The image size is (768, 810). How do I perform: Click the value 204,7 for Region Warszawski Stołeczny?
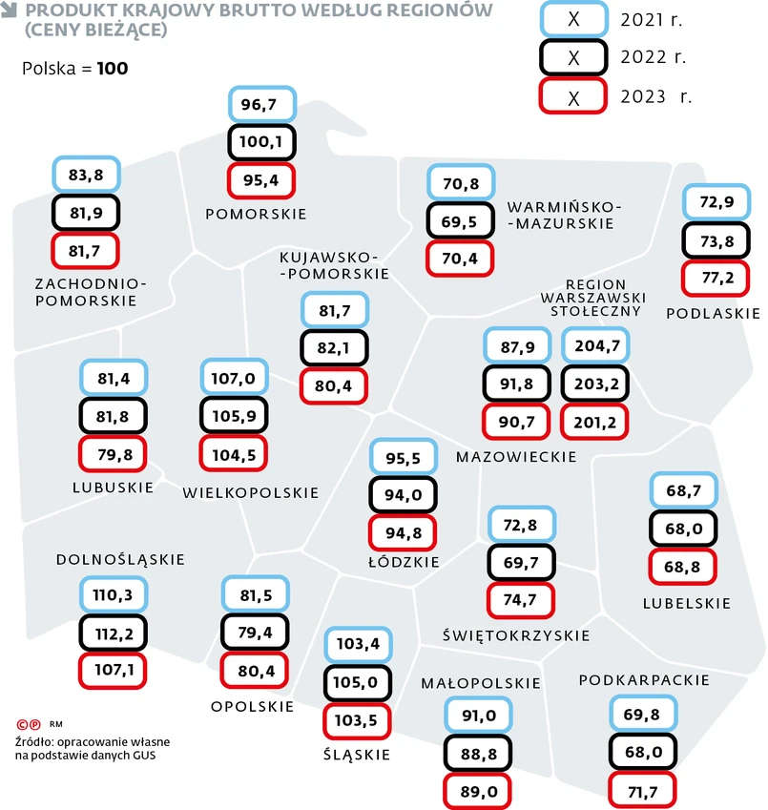click(x=596, y=346)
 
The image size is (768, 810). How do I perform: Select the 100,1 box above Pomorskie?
click(x=262, y=142)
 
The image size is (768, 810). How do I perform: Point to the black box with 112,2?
click(x=114, y=632)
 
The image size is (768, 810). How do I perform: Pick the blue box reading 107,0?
click(x=234, y=378)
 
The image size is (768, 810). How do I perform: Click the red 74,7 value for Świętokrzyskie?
click(x=521, y=599)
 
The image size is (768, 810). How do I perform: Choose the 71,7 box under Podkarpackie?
click(x=642, y=790)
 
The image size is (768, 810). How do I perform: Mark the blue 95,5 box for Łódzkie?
click(x=403, y=457)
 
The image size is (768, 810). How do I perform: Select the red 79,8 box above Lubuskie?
click(x=114, y=454)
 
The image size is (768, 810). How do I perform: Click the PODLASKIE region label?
click(x=713, y=313)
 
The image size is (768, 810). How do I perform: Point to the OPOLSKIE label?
click(x=252, y=707)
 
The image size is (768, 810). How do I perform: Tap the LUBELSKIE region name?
click(x=687, y=603)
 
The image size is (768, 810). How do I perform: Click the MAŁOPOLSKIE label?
click(x=481, y=683)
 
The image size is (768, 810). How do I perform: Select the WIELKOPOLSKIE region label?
click(x=251, y=493)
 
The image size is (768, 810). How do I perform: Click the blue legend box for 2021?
click(x=573, y=19)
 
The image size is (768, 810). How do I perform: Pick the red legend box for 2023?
click(x=573, y=96)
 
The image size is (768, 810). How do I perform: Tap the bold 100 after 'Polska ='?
click(x=113, y=69)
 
